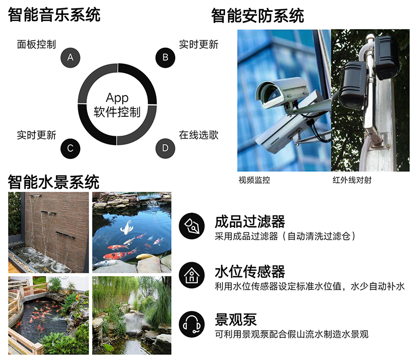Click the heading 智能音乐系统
54,15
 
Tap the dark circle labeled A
70,58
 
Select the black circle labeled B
165,58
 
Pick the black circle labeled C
70,149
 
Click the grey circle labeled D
165,149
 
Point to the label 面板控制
36,44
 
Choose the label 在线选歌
198,135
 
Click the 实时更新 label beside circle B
198,44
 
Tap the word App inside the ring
117,98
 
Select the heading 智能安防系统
257,16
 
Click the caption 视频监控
254,180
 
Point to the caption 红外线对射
352,180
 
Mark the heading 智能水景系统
53,182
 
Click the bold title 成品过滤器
250,222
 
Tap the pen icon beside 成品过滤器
192,226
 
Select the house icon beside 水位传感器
192,275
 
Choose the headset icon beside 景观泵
192,325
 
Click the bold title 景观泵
236,319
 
